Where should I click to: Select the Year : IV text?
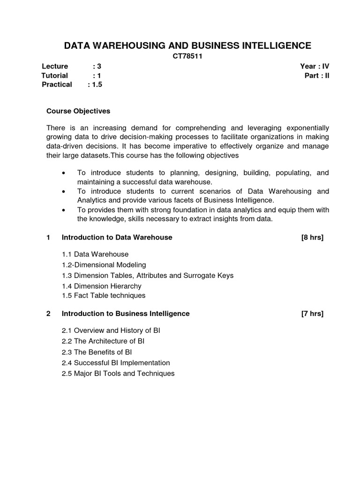click(x=315, y=66)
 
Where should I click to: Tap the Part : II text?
click(x=317, y=75)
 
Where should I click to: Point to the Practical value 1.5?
click(x=97, y=84)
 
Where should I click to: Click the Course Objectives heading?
click(x=78, y=111)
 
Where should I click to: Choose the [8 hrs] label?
click(x=312, y=237)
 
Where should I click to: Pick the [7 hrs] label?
click(x=312, y=313)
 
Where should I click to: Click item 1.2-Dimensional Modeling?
click(x=104, y=265)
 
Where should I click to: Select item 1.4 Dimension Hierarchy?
click(x=101, y=286)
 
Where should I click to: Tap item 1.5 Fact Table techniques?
click(x=104, y=295)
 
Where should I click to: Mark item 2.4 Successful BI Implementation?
click(x=116, y=363)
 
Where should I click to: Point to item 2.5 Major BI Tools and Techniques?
click(x=118, y=374)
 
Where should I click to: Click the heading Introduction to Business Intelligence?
click(x=126, y=313)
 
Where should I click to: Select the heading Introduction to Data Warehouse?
click(x=117, y=237)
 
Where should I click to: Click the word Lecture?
click(x=54, y=66)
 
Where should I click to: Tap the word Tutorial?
click(x=54, y=75)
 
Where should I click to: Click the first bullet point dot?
click(x=63, y=173)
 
